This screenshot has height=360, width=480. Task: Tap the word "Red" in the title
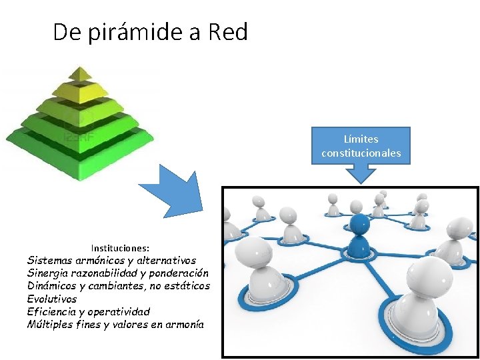(x=228, y=32)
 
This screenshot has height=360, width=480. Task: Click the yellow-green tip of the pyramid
(x=80, y=73)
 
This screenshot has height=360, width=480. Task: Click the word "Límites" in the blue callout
(x=361, y=139)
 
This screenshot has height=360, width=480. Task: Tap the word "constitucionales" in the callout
(x=361, y=153)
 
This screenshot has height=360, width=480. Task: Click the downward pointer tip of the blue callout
(x=361, y=180)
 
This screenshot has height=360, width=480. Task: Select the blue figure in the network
(x=359, y=233)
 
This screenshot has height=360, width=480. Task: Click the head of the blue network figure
(x=359, y=222)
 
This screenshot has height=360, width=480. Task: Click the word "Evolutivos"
(x=52, y=299)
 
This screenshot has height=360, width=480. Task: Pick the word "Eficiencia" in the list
(x=51, y=311)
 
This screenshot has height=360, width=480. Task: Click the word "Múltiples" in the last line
(x=49, y=324)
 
